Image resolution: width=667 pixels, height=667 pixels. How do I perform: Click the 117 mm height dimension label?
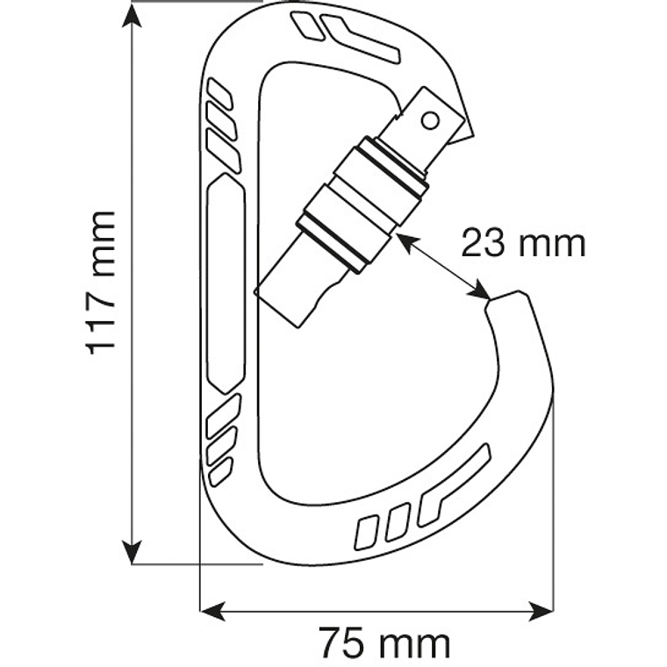coord(101,282)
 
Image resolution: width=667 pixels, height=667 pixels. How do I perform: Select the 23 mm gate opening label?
coord(523,242)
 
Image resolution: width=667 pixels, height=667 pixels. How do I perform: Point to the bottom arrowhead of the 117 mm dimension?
coord(133,553)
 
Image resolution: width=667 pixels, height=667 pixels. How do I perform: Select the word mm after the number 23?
coord(552,243)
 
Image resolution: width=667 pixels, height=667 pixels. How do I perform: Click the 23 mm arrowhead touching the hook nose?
coord(481,292)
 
